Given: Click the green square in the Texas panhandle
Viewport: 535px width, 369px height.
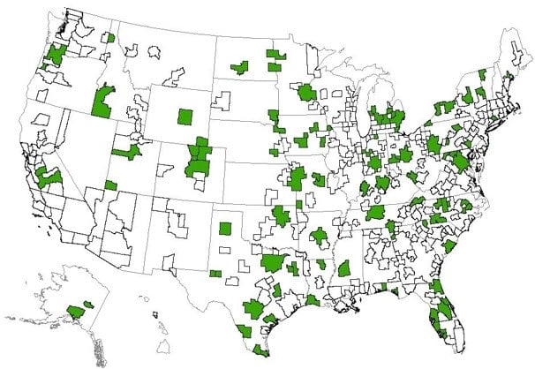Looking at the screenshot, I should coord(225,229).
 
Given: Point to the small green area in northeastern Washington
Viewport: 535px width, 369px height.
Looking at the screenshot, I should coord(109,38).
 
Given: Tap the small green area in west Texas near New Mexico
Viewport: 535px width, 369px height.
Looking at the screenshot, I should coord(215,274).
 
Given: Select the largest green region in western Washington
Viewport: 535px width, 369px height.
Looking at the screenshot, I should coord(58,53).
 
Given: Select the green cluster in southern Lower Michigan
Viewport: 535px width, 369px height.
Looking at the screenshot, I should coord(388,116).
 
